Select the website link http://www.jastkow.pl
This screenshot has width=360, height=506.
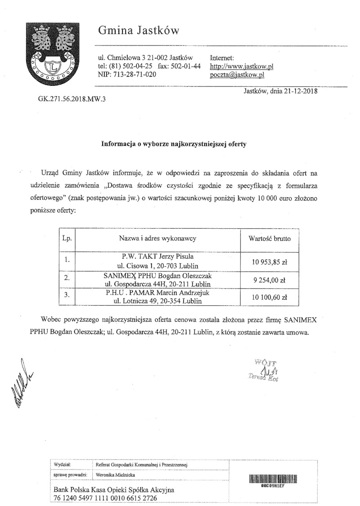[242, 67]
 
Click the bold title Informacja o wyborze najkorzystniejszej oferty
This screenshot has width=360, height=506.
[174, 144]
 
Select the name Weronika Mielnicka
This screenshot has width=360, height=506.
[115, 474]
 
